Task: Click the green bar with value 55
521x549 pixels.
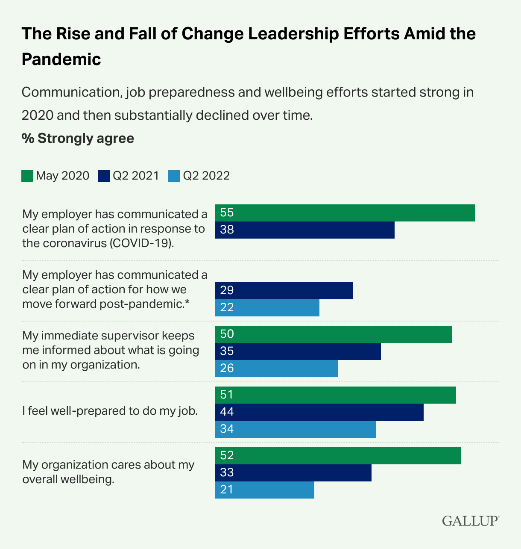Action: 345,213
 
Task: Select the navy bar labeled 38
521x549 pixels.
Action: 304,230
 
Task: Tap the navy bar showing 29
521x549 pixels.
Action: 284,291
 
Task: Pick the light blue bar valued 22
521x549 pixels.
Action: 267,308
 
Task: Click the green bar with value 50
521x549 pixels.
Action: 333,334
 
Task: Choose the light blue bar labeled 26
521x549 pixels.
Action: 276,369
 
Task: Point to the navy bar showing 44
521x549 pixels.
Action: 319,412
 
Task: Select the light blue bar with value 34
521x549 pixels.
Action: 295,429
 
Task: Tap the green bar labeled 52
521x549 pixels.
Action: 338,456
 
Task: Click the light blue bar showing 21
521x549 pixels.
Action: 264,490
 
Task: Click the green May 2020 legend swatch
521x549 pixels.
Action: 27,176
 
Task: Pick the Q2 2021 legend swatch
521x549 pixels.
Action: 104,176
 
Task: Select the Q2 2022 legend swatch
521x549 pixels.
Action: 174,176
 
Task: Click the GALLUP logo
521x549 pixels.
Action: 470,521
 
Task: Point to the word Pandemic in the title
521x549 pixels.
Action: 61,59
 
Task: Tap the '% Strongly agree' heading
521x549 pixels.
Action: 78,139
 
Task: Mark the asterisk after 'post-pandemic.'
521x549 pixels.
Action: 187,303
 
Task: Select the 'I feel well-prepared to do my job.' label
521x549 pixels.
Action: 110,411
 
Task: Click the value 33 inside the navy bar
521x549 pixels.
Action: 227,472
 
